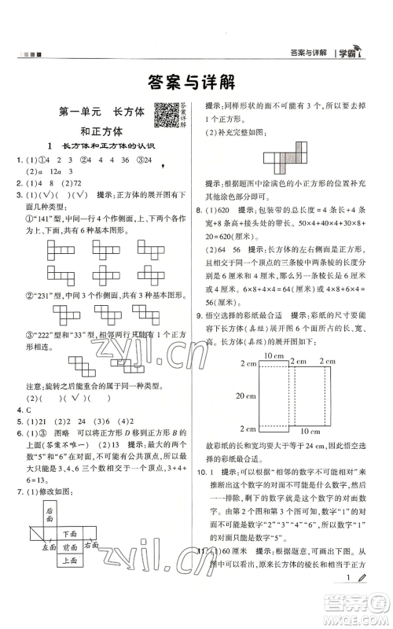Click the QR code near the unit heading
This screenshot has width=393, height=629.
(x=165, y=115)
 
